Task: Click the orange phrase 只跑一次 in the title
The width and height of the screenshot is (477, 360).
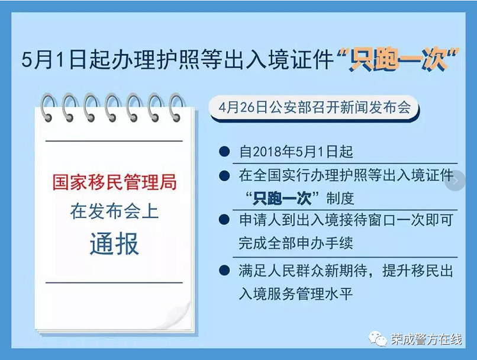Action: tap(399, 59)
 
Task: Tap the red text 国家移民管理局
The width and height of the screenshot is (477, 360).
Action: tap(114, 182)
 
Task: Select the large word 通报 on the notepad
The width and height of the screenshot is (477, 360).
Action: tap(114, 243)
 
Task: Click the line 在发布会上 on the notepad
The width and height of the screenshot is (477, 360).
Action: tap(114, 211)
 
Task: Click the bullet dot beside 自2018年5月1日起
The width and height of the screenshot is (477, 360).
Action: tap(224, 151)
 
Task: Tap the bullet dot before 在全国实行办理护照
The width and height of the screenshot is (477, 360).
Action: tap(224, 176)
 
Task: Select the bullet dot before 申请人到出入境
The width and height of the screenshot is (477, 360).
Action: tap(224, 220)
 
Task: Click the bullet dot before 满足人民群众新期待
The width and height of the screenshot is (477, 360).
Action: tap(224, 270)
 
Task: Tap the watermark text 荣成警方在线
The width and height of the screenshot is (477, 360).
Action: tap(426, 339)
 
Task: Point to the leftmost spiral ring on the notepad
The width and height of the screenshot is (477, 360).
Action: tap(48, 107)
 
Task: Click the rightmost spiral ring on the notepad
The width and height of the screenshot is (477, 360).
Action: tap(176, 107)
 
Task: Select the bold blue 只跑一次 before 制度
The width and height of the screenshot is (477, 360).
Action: tap(282, 198)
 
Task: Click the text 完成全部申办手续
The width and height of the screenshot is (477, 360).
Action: tap(296, 243)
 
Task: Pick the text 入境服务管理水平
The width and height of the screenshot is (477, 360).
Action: tap(296, 293)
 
